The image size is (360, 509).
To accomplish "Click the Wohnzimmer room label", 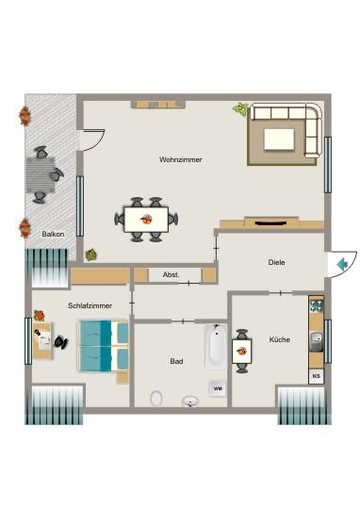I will [x=181, y=159].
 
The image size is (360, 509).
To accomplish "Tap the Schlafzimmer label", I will [x=90, y=305].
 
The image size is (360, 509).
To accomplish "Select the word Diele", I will [x=276, y=263].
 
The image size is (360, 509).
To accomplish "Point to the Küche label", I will [x=279, y=339].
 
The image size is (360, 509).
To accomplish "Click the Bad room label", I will [x=176, y=360].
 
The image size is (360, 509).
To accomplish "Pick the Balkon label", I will [x=54, y=234].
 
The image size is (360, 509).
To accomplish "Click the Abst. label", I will [x=171, y=274].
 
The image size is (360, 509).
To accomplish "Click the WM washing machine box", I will [x=217, y=387].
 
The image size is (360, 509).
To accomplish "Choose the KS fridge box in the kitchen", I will [x=316, y=376].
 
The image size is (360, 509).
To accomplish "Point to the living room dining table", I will [x=146, y=220].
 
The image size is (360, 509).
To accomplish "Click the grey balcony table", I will [x=41, y=173].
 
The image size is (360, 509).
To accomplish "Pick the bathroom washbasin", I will [x=190, y=401].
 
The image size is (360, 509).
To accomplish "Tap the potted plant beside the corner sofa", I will [x=240, y=109].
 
